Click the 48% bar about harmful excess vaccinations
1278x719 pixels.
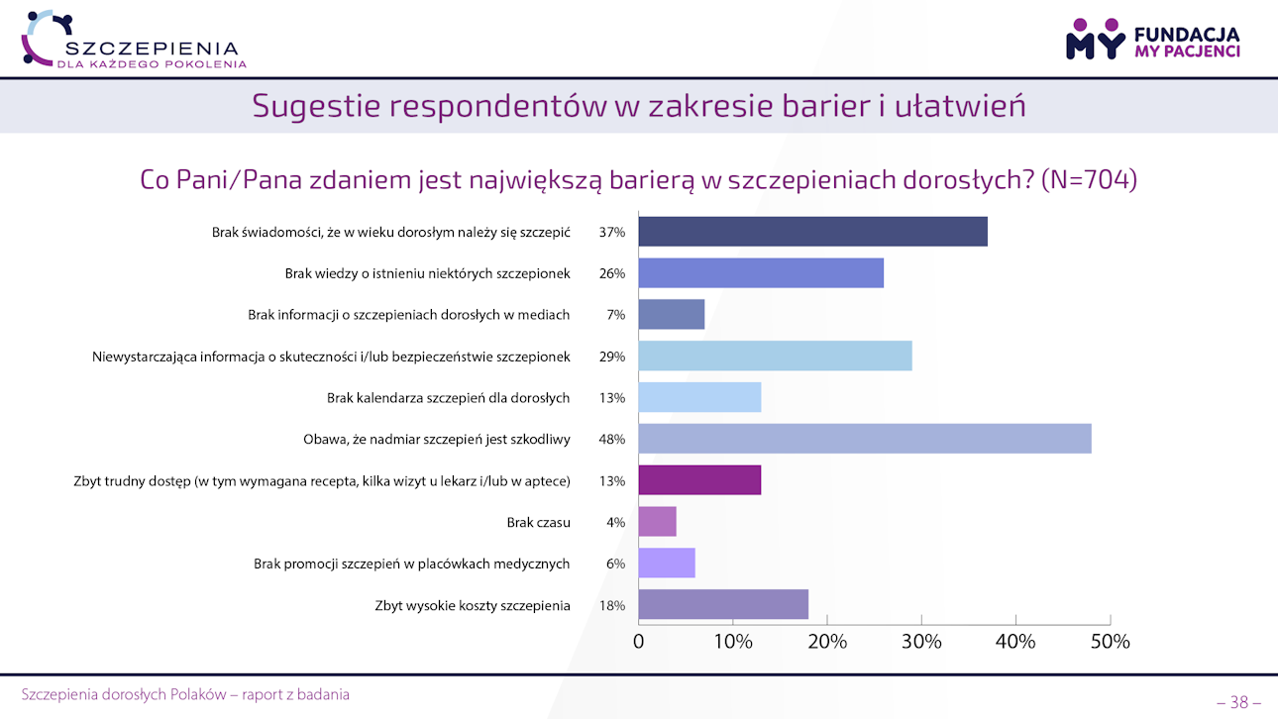[x=864, y=439]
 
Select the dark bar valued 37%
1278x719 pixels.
[x=812, y=232]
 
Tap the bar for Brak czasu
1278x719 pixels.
[x=657, y=522]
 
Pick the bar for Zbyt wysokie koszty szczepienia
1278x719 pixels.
[x=723, y=604]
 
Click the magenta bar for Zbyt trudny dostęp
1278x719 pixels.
[x=699, y=480]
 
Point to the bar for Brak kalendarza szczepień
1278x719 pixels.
[x=699, y=397]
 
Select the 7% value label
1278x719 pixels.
[x=615, y=315]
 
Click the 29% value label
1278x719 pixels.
[x=612, y=357]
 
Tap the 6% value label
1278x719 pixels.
[x=615, y=564]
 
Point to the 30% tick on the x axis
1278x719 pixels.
[x=921, y=642]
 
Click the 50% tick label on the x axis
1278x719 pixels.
[x=1110, y=642]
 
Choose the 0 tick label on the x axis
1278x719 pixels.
[x=639, y=642]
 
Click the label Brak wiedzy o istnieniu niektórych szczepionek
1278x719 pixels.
[x=427, y=273]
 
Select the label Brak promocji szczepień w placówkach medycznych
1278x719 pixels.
[x=411, y=564]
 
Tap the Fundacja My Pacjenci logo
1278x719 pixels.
[x=1152, y=39]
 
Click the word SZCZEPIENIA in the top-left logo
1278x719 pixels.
[x=151, y=48]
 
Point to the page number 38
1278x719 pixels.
[x=1238, y=702]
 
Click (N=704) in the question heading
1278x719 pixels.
[x=1089, y=180]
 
